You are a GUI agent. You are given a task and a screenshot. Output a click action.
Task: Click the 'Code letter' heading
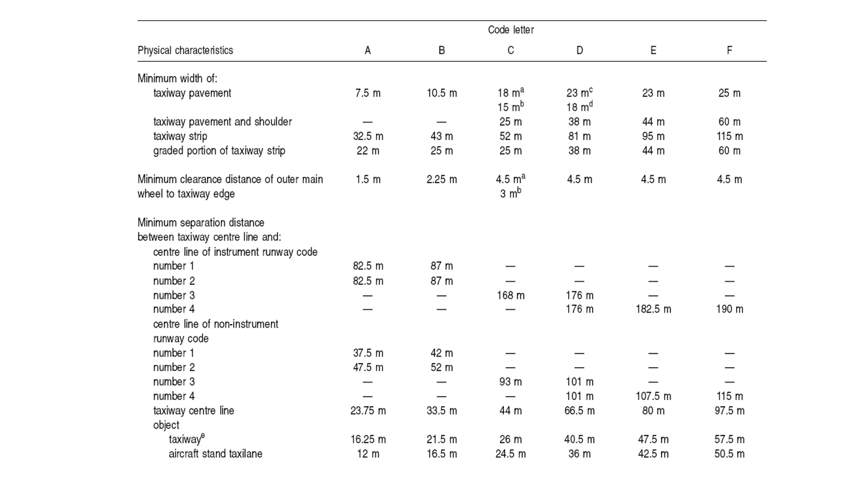511,30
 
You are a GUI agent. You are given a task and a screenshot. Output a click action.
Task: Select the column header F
729,50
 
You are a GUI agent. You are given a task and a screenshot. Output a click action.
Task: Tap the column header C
511,50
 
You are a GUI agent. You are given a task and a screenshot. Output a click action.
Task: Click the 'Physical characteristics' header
185,50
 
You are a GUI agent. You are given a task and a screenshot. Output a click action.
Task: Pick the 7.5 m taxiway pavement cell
368,93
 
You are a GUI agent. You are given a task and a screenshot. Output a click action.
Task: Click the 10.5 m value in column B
442,93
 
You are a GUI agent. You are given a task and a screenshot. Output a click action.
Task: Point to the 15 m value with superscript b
510,107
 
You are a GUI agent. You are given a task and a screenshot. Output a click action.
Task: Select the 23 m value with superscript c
579,93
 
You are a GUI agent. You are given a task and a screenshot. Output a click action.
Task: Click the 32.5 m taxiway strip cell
368,137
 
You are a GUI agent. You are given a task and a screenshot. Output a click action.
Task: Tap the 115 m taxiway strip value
729,137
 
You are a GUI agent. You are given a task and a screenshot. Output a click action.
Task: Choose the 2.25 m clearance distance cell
442,180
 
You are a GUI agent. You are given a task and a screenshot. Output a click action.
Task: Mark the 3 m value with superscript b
510,193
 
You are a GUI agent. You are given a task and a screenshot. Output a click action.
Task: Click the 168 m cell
511,295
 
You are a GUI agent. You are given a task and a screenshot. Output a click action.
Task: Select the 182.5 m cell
653,310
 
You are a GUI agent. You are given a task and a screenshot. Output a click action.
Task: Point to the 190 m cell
729,310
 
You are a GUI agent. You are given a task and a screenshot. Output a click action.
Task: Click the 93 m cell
511,382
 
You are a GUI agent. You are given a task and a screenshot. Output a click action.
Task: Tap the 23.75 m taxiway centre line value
368,410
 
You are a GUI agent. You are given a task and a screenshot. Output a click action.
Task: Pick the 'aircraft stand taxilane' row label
215,454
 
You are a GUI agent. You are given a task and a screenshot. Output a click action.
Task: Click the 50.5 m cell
729,454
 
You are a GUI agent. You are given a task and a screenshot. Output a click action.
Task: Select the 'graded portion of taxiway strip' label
219,151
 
